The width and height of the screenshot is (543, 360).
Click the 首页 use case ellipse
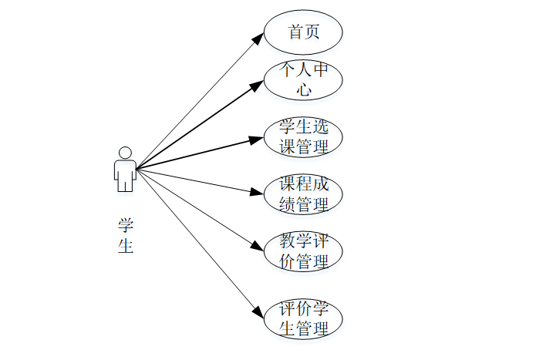pyautogui.click(x=303, y=32)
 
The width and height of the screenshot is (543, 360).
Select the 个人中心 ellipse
pyautogui.click(x=303, y=79)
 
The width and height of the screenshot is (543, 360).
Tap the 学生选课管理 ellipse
pyautogui.click(x=303, y=137)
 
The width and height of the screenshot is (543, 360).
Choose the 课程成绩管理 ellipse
pyautogui.click(x=303, y=195)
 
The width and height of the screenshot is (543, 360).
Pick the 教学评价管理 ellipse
pyautogui.click(x=303, y=251)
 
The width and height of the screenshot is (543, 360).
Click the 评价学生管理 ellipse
pyautogui.click(x=303, y=319)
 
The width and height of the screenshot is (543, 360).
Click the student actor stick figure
pyautogui.click(x=125, y=169)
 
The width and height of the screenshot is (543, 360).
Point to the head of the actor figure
pyautogui.click(x=125, y=151)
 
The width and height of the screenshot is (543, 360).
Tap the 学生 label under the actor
pyautogui.click(x=125, y=235)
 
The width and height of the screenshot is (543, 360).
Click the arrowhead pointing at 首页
pyautogui.click(x=259, y=36)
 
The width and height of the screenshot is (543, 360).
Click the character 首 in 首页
pyautogui.click(x=295, y=32)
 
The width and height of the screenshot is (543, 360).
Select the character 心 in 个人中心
pyautogui.click(x=304, y=89)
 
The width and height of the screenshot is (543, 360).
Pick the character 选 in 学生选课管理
pyautogui.click(x=320, y=128)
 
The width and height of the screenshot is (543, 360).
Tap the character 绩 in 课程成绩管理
pyautogui.click(x=287, y=204)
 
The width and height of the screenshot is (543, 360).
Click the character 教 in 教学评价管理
pyautogui.click(x=287, y=242)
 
